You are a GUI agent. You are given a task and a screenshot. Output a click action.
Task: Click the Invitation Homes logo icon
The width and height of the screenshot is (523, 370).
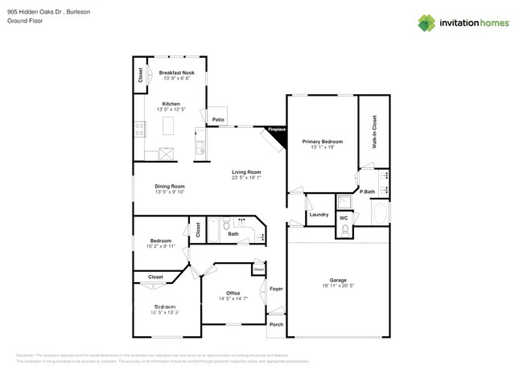tap(426, 23)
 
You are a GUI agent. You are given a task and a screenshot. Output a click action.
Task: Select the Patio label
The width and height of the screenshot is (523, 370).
tap(218, 120)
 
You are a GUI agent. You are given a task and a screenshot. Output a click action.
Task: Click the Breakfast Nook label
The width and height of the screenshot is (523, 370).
tap(176, 72)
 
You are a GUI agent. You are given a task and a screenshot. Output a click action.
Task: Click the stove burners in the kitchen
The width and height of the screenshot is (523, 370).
tap(139, 125)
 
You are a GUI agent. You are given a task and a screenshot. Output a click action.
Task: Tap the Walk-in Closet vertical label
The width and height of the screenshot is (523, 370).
tap(374, 132)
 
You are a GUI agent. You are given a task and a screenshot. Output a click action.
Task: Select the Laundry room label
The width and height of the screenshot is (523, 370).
tap(318, 215)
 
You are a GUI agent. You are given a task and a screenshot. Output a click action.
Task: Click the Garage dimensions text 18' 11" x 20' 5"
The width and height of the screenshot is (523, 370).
tap(337, 286)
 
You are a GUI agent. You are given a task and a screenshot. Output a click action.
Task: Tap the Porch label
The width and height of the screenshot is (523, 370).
tap(276, 326)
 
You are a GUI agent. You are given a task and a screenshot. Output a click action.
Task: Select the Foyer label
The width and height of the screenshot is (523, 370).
tap(276, 288)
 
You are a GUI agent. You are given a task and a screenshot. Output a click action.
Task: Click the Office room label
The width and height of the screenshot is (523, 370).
tap(233, 293)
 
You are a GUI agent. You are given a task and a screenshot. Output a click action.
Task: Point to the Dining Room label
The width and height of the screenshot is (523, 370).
tap(170, 187)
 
